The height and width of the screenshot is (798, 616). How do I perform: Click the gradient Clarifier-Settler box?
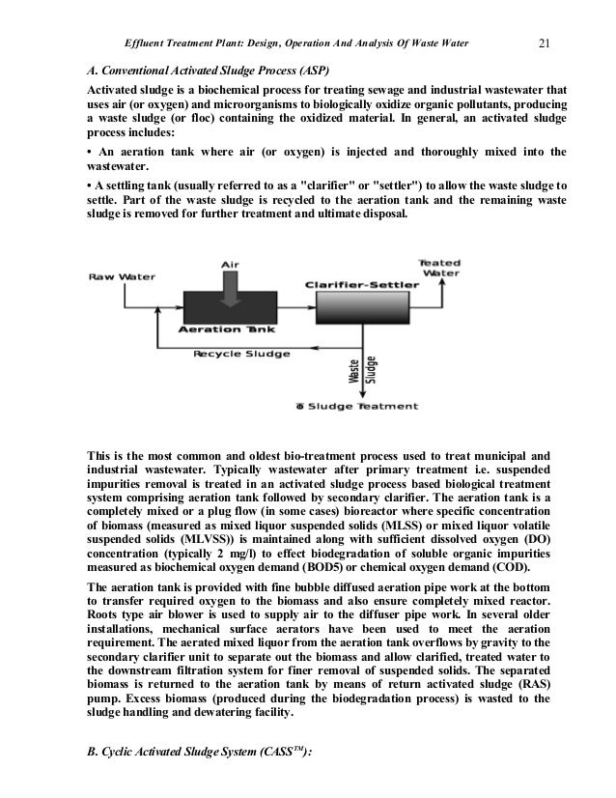(x=358, y=308)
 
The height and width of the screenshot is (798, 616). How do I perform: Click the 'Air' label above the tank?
(x=231, y=263)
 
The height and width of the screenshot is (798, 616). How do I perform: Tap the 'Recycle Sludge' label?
(x=236, y=354)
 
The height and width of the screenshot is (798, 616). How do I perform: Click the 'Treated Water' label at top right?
(x=438, y=267)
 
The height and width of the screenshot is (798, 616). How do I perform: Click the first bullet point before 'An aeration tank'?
(x=89, y=153)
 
